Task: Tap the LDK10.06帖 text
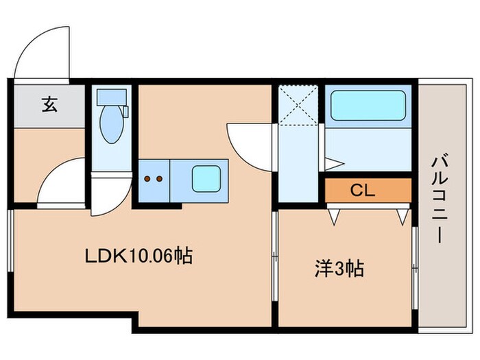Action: [x=138, y=256]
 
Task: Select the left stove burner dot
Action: [x=147, y=179]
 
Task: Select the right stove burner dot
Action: [x=159, y=179]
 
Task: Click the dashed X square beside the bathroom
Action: [x=298, y=106]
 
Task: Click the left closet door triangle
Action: [x=335, y=215]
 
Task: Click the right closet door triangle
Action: [x=402, y=215]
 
